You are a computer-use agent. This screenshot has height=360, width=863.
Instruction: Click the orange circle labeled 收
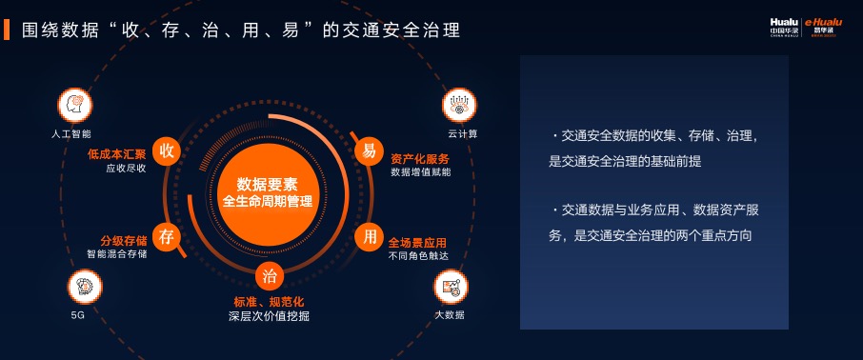point(167,150)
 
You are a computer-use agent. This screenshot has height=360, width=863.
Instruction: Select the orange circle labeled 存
point(167,237)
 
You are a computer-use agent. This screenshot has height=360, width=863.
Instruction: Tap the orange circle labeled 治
point(270,276)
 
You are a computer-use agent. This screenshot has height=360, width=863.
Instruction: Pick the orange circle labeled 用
point(370,237)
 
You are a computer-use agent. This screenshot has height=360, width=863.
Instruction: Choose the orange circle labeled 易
point(369,150)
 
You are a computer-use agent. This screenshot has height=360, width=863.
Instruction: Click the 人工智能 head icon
point(75,105)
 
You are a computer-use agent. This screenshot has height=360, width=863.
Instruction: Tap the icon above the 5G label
point(85,287)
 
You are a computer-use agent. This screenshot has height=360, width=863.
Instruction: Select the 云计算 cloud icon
point(459,105)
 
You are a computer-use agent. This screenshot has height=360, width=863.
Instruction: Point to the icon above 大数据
point(451,287)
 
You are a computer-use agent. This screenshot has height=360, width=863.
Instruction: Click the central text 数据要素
point(268,184)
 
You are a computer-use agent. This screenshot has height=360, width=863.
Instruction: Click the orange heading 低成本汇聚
point(116,154)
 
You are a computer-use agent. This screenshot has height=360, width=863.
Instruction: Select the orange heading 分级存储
point(123,241)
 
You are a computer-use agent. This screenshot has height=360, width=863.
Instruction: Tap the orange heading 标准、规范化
point(270,302)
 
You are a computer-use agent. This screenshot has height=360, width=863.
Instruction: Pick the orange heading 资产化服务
point(420,158)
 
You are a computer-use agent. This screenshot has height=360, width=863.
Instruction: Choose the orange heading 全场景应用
point(417,242)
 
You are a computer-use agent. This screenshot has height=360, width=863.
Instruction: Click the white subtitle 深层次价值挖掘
point(270,316)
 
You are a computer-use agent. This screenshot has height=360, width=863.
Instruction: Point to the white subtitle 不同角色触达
point(418,255)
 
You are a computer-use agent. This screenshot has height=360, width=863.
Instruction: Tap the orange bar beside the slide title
point(7,30)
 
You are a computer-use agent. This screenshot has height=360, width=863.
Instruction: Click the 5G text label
point(77,316)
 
